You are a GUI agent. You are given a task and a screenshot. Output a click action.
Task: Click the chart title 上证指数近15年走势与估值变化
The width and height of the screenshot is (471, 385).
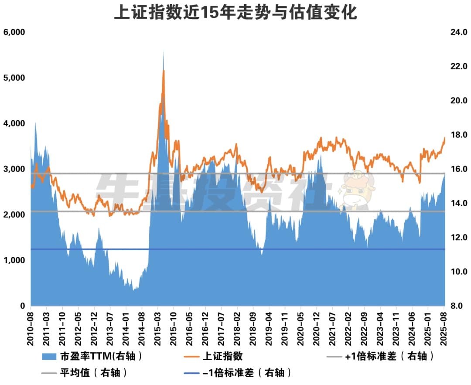(235, 12)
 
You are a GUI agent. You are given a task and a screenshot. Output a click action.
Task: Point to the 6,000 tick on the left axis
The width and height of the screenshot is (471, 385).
(14, 32)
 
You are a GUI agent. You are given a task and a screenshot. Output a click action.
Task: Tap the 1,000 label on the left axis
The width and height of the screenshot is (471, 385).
(14, 260)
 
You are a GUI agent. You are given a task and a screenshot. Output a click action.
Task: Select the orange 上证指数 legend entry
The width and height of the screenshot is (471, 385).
(222, 356)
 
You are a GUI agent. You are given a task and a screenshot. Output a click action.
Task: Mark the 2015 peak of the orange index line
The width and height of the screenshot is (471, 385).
(164, 71)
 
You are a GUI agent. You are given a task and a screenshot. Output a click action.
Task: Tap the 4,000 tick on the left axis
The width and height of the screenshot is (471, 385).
(14, 123)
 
